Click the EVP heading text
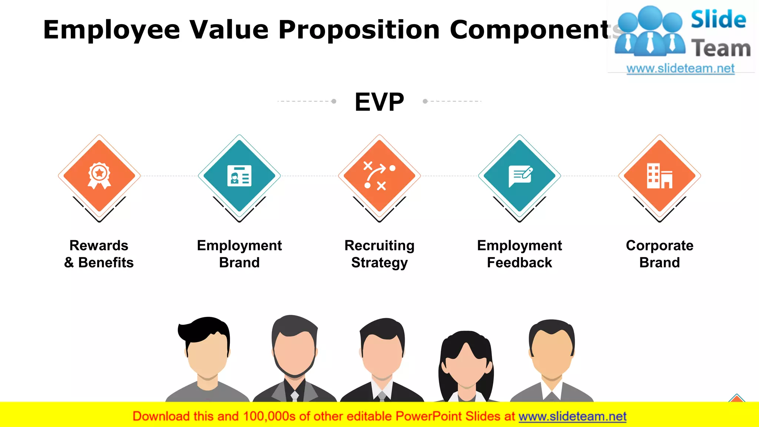coord(379,102)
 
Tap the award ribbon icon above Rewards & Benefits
coord(99,175)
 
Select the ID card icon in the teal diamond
coord(239,176)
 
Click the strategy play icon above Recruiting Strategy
coord(379,176)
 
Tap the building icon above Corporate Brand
coord(659,176)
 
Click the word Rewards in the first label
coord(99,245)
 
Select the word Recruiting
coord(379,245)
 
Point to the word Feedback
coord(519,262)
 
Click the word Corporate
coord(659,245)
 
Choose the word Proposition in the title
coord(359,30)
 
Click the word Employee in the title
coord(111,30)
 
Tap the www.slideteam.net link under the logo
coord(680,68)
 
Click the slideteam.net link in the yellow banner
coord(572,417)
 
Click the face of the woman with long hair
coord(466,365)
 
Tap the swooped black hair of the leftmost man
coord(202,328)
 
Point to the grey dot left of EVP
coord(334,101)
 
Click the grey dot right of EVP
coord(425,101)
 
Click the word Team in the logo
coord(721,48)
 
